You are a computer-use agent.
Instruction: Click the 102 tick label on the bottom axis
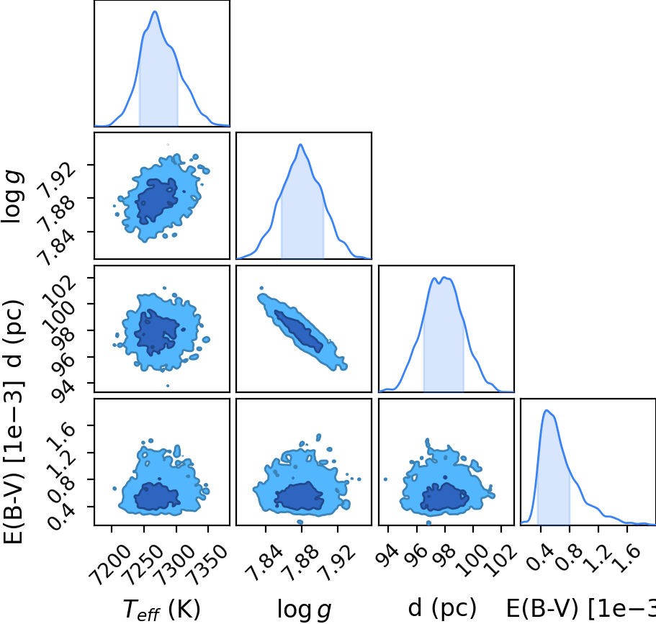click(500, 561)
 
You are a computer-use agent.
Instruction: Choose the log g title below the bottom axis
click(304, 610)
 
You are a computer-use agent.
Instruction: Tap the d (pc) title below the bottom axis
click(442, 607)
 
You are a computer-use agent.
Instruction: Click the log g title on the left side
click(12, 196)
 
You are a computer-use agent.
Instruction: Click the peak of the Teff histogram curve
click(155, 12)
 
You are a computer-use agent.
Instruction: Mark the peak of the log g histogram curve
click(300, 144)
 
